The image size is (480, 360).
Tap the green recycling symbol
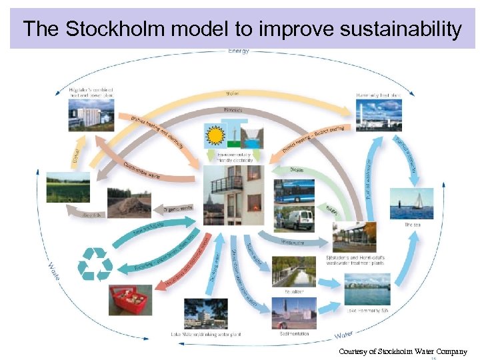[x=95, y=264]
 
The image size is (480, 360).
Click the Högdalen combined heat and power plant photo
[x=91, y=114]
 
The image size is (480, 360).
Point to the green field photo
[x=68, y=187]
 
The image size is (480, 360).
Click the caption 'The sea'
[x=413, y=225]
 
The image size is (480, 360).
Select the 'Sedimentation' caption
[x=294, y=333]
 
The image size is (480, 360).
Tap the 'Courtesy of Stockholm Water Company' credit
[x=403, y=351]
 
